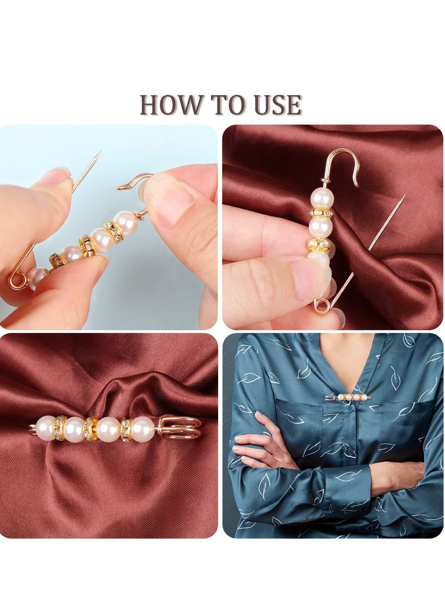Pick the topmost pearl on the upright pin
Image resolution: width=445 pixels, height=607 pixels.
coord(322,197)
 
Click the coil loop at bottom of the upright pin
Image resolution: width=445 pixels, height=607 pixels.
coord(322,305)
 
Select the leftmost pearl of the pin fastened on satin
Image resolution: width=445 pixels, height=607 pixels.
coord(46,428)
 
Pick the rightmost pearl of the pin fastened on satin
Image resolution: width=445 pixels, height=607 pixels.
coord(142,428)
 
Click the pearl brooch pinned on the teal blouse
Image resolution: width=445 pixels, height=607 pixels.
coord(347,397)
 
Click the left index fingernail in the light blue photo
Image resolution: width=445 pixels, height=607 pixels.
coord(56,175)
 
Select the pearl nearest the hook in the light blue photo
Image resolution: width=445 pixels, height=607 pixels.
coord(126,223)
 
